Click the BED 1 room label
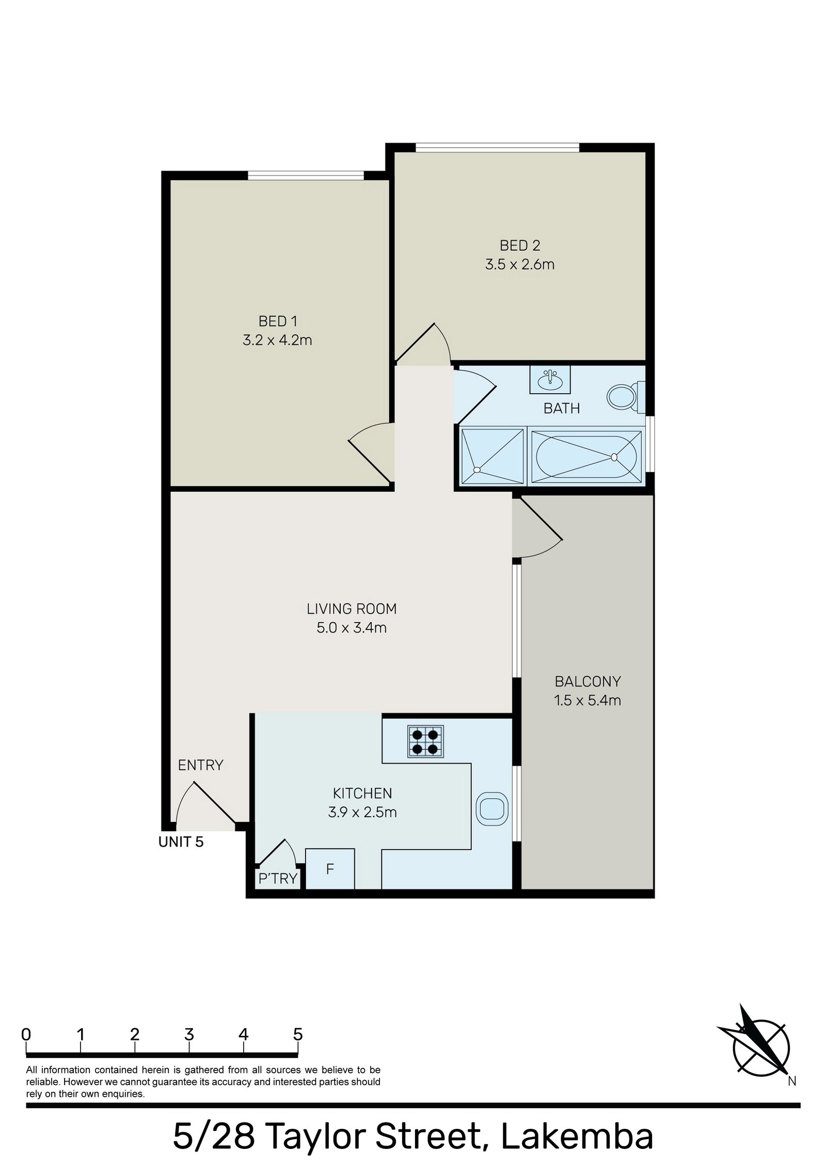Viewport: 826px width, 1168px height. click(277, 321)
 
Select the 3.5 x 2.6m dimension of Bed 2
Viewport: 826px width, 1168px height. click(519, 265)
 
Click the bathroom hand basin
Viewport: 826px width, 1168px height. click(550, 380)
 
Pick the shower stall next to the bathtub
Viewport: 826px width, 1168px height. click(493, 457)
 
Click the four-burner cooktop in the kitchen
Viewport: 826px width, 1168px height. click(425, 741)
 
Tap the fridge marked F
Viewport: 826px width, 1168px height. click(330, 869)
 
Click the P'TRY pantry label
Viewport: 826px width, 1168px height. click(278, 878)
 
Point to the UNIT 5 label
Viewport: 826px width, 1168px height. click(181, 842)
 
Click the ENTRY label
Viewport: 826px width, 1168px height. click(200, 765)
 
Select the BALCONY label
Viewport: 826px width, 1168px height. click(587, 682)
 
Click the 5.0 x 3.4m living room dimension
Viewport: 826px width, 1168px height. click(352, 628)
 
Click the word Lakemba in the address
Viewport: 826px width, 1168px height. click(577, 1135)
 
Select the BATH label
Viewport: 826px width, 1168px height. click(561, 409)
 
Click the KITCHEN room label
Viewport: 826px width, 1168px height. click(362, 793)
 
